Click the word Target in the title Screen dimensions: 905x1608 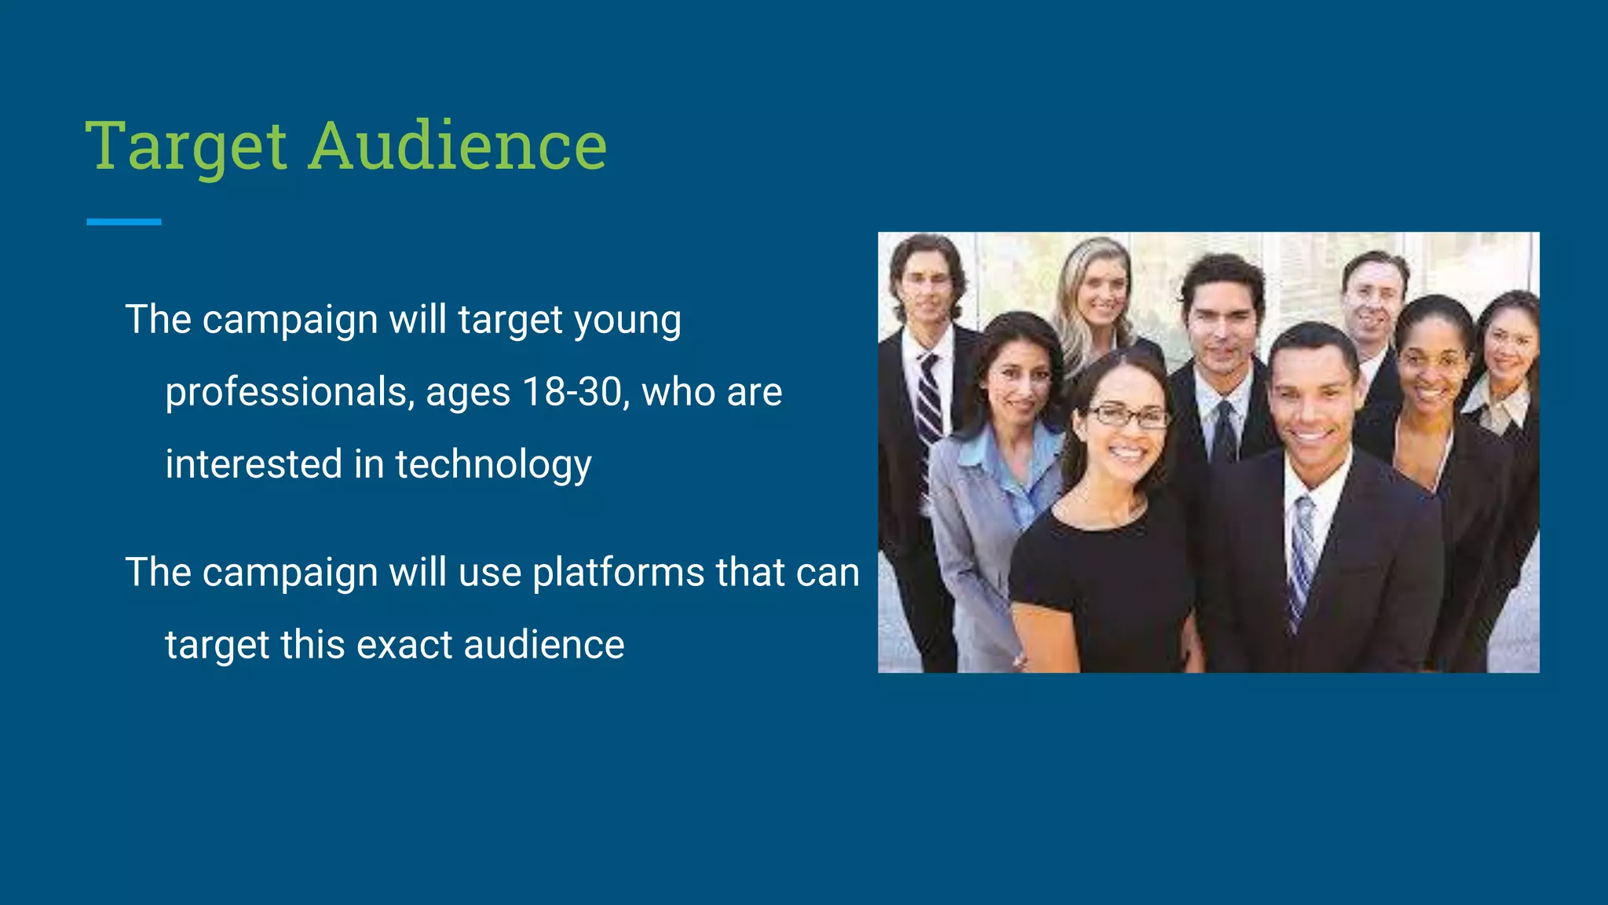coord(186,147)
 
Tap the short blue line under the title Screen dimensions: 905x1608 coord(124,222)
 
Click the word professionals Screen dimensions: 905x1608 coord(288,392)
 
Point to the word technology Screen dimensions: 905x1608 coord(493,464)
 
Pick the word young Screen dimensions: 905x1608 coord(627,321)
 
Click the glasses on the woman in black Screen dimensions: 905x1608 coord(1127,416)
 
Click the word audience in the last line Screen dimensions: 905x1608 coord(543,645)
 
